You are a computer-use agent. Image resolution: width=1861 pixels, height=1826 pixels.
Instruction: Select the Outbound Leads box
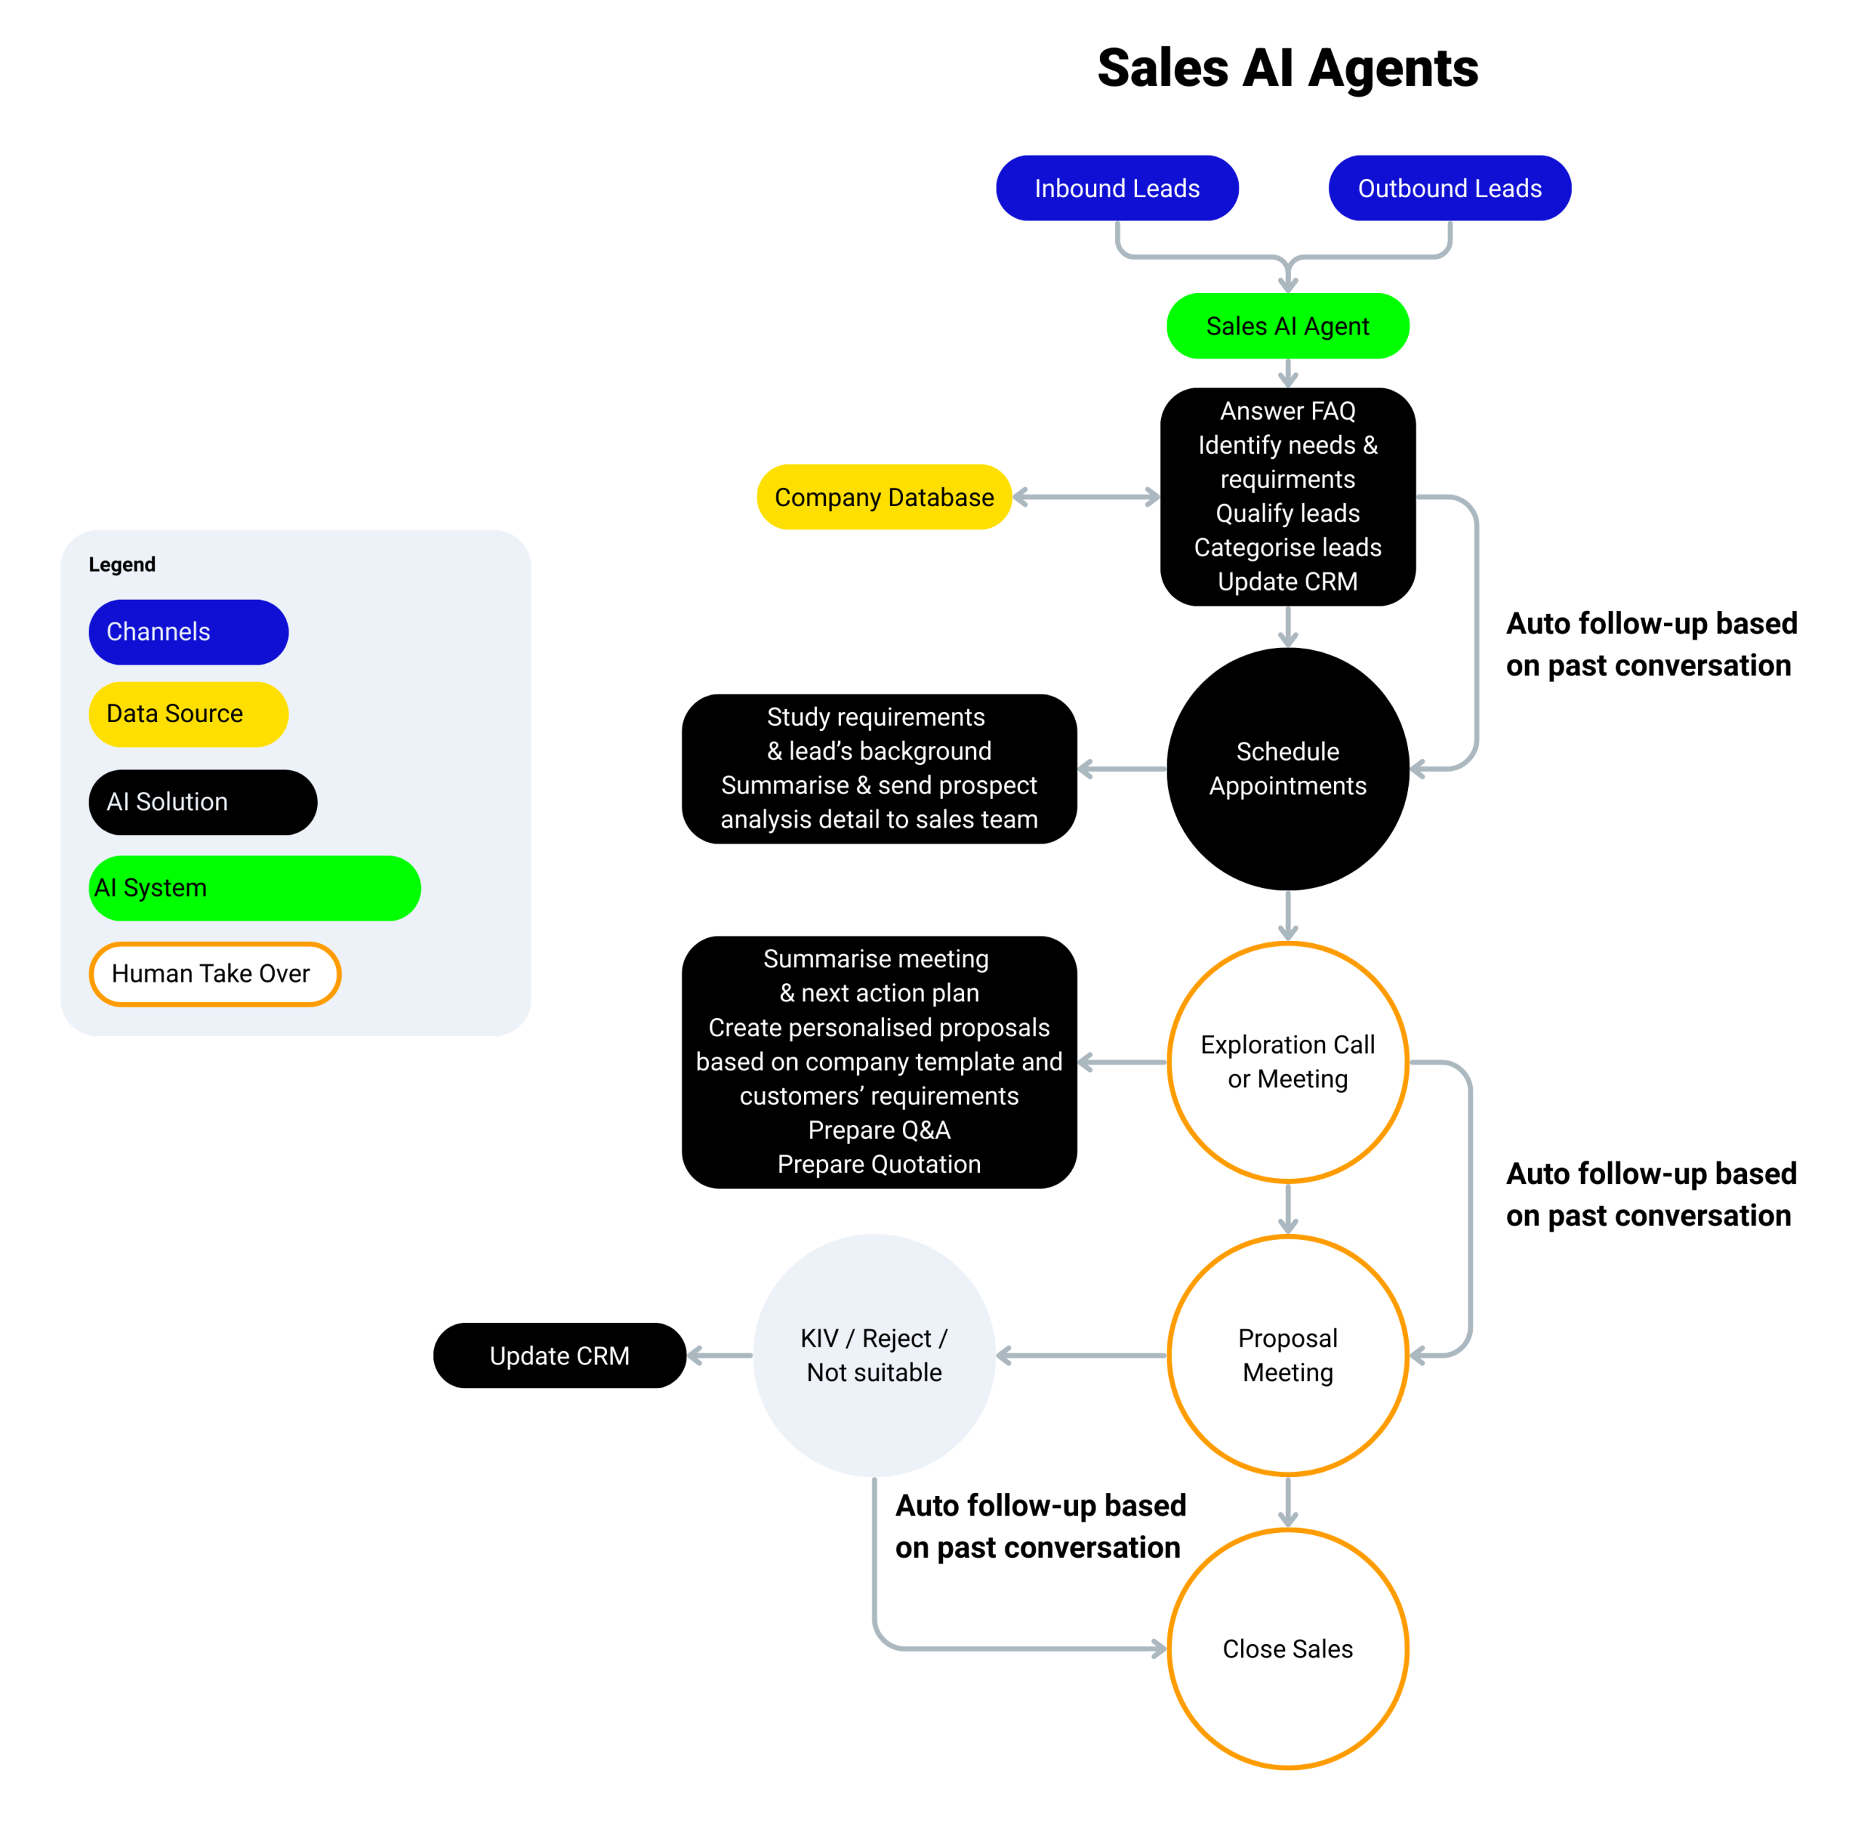click(1449, 188)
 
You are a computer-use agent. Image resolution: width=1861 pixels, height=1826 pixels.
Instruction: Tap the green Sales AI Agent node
click(1287, 326)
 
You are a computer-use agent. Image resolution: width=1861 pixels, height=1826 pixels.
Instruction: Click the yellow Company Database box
click(883, 497)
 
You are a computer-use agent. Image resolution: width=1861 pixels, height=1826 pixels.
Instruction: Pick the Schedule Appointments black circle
click(1287, 768)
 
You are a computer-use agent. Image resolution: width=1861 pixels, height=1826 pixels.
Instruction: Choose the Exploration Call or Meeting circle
click(1287, 1061)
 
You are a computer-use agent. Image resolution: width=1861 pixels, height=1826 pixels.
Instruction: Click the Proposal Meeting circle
click(1287, 1354)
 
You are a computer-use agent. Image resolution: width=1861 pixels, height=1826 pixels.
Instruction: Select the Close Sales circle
click(1287, 1648)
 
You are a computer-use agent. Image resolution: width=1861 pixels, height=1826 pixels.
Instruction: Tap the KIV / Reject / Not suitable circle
click(874, 1354)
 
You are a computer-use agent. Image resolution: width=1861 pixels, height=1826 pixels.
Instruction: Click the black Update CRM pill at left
click(559, 1355)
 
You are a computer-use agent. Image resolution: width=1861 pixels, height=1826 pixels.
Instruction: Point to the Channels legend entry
click(188, 632)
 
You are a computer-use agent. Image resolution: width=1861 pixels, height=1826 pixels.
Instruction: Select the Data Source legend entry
click(188, 713)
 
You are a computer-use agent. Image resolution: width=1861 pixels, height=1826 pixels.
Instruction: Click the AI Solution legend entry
click(202, 802)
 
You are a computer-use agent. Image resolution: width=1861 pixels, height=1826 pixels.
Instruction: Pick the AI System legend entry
click(254, 888)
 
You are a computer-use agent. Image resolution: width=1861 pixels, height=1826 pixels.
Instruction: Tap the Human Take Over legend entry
click(214, 974)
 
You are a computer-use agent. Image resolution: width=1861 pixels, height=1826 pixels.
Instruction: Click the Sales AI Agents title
click(1287, 69)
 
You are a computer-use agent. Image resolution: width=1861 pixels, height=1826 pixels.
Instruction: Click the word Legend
click(122, 564)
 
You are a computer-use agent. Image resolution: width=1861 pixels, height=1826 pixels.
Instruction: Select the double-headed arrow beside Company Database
click(1085, 497)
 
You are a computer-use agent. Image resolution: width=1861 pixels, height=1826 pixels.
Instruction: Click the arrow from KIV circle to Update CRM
click(720, 1355)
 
